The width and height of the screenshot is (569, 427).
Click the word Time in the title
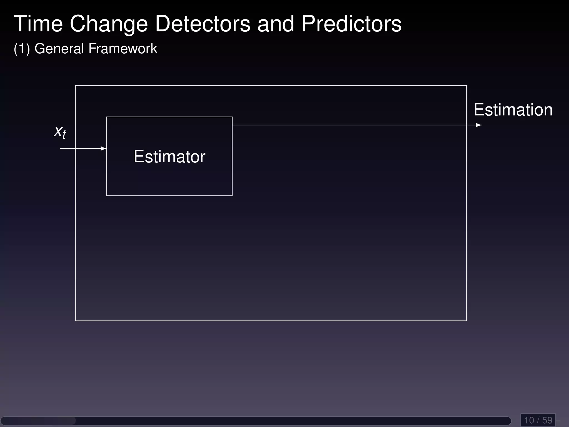(38, 24)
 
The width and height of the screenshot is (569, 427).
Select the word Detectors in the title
(203, 24)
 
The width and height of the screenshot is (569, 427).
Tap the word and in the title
(275, 24)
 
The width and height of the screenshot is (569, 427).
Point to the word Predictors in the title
(351, 24)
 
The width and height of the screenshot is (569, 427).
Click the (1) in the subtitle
(22, 49)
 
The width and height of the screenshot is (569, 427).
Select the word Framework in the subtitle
(123, 49)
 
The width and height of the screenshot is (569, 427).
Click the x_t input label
(60, 131)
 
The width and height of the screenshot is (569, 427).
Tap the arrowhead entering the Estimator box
(104, 148)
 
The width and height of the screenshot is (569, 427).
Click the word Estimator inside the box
(169, 157)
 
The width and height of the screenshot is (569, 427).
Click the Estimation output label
(513, 110)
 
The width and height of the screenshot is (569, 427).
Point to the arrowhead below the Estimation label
(478, 125)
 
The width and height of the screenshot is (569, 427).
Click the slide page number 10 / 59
(538, 420)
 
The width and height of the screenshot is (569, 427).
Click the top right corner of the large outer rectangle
(466, 86)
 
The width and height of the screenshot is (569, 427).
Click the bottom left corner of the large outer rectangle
(76, 321)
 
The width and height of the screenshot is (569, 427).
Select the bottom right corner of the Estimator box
(232, 195)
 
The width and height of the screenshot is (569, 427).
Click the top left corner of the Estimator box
(107, 117)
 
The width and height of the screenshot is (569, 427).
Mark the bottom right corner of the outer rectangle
(466, 321)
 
